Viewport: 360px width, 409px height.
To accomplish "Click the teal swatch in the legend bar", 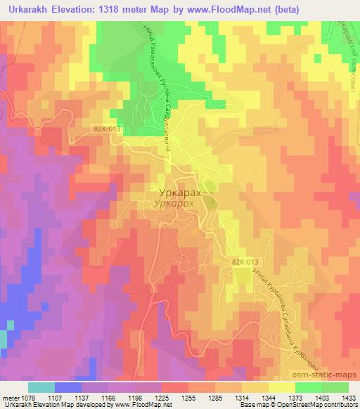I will point(41,387).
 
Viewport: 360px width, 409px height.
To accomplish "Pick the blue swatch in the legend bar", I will point(68,387).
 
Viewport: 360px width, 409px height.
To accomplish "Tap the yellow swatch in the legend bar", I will point(281,387).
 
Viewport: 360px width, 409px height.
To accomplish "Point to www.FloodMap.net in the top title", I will point(232,9).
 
